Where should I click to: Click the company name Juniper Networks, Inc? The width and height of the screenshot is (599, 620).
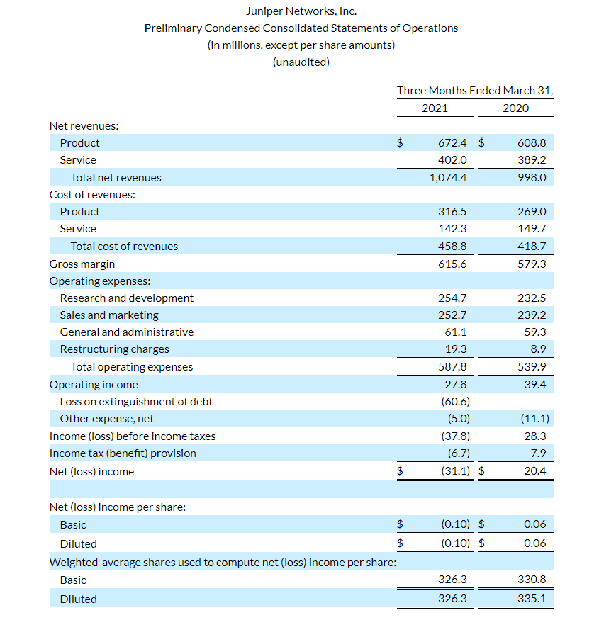coord(301,11)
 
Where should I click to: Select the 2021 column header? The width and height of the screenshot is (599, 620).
coord(435,108)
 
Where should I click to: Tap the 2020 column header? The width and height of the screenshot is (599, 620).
coord(515,108)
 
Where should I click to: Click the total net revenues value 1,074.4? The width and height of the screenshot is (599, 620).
coord(449,178)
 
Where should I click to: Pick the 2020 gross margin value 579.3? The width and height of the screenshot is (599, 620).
coord(532,264)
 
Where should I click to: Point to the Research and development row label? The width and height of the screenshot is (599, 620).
coord(126,298)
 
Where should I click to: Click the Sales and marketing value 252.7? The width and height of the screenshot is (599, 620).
coord(454,315)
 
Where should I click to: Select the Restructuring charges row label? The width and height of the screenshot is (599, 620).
coord(114,349)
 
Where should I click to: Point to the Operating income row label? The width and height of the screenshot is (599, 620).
coord(94,385)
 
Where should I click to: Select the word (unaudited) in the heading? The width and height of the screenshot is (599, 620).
coord(301,62)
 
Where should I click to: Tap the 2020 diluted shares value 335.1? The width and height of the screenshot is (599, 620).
coord(532,599)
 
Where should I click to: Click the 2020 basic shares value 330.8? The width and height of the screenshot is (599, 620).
coord(532,580)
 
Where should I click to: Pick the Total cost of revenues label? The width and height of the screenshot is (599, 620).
coord(124,247)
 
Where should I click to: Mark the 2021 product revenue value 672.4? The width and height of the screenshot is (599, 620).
coord(453,143)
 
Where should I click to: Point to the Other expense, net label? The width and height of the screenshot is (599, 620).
coord(106,419)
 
